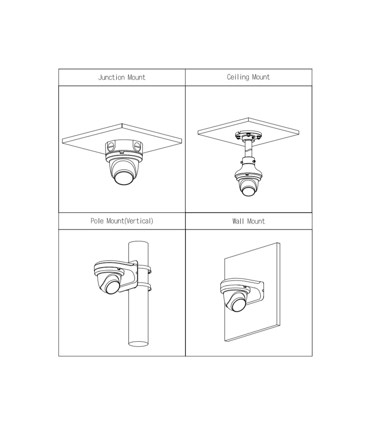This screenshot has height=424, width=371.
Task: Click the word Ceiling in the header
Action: coord(238,77)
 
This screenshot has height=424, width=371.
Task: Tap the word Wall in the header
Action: coord(238,221)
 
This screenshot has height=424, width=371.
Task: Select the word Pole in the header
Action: coord(97,221)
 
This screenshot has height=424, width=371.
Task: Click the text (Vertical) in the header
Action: coord(139,221)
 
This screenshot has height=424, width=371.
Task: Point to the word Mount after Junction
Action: coord(136,78)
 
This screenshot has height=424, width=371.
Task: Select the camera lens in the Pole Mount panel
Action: coord(113,287)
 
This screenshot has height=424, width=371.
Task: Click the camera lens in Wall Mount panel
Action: coord(239,305)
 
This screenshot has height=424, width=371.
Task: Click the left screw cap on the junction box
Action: coord(111,146)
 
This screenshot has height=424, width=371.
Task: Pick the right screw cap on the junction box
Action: coord(137,146)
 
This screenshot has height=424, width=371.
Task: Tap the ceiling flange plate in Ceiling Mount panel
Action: coord(248,135)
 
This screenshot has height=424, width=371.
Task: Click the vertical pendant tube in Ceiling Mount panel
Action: coord(248,149)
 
